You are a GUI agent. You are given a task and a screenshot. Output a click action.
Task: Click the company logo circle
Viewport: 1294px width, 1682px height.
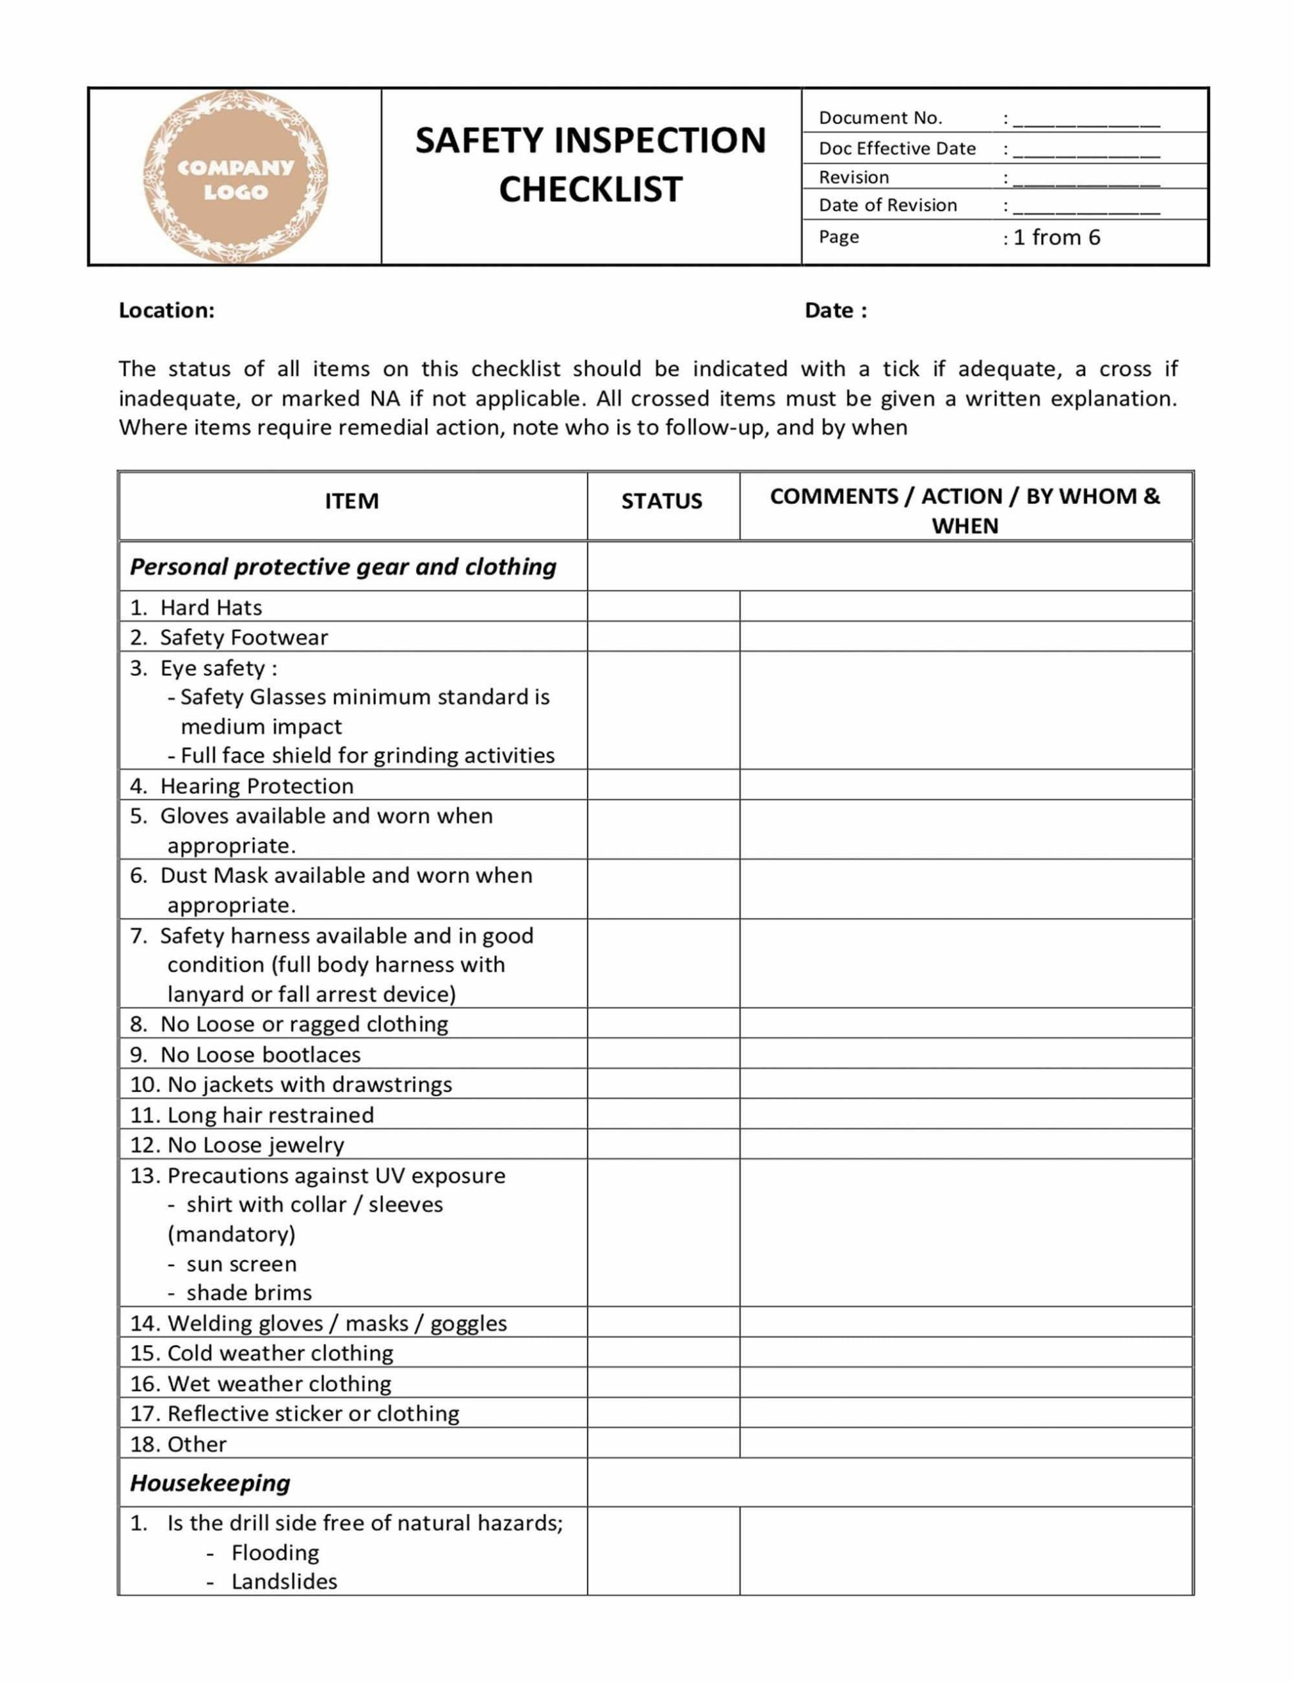235,177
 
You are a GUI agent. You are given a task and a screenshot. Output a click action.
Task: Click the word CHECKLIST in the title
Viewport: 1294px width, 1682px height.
590,189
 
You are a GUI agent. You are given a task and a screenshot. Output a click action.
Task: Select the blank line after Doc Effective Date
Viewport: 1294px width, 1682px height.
1086,150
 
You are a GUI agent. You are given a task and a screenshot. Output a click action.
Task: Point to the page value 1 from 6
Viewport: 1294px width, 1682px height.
1056,237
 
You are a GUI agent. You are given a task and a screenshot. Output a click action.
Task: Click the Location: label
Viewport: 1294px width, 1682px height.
166,310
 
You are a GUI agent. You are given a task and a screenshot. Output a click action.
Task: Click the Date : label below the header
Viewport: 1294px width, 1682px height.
836,310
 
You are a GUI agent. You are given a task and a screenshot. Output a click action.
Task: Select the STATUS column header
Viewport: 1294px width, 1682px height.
662,501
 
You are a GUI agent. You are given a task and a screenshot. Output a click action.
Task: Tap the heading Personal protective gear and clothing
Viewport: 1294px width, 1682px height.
343,567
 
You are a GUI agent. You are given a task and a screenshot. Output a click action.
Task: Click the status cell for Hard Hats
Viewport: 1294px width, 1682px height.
662,607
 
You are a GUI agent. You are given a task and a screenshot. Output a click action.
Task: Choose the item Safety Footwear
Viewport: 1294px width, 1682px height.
243,637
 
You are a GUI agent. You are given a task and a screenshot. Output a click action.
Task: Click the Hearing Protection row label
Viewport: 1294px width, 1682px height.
256,786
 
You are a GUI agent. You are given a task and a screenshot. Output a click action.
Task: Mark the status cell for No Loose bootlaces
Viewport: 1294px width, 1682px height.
662,1054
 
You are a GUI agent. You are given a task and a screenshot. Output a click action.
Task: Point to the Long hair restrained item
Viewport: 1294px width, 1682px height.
269,1114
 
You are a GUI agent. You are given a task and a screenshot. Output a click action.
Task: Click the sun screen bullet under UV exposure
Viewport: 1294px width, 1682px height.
241,1264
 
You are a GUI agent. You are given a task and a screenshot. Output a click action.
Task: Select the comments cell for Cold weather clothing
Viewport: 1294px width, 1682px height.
965,1352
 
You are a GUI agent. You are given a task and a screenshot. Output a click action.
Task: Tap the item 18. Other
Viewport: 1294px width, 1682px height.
179,1444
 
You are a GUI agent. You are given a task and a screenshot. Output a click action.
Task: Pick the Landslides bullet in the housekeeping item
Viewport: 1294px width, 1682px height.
283,1581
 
